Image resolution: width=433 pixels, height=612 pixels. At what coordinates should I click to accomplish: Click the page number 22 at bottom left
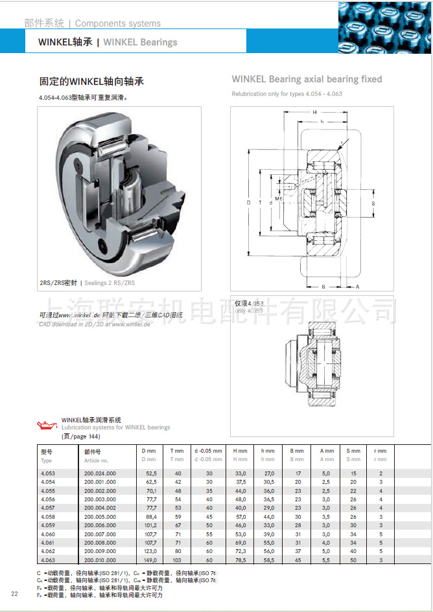pos(14,595)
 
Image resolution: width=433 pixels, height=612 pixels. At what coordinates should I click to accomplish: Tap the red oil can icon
pos(47,425)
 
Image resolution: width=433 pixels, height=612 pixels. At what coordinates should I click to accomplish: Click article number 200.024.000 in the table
pos(100,473)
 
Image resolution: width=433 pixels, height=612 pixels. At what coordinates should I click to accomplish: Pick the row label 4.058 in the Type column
pos(48,516)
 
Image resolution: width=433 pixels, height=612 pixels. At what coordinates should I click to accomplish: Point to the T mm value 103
pos(176,559)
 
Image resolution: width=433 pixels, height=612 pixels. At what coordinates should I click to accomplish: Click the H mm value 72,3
pos(240,550)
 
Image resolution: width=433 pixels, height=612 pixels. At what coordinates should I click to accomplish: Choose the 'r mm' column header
pos(380,451)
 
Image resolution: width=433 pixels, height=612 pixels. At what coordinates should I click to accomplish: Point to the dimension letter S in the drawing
pos(373,203)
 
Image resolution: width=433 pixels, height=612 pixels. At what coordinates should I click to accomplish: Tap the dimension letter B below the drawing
pos(323,286)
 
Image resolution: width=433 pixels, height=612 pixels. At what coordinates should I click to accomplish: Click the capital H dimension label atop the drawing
pos(314,113)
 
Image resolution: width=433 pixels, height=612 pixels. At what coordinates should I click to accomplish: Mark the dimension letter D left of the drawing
pos(248,203)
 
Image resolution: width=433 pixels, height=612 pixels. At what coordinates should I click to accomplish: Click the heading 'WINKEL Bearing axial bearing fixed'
pos(307,79)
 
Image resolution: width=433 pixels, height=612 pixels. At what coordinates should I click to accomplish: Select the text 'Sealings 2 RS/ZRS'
pos(111,283)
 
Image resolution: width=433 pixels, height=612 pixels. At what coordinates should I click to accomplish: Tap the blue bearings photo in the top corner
pos(385,27)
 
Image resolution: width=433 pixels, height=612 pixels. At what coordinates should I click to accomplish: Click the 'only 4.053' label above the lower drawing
pos(249,311)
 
